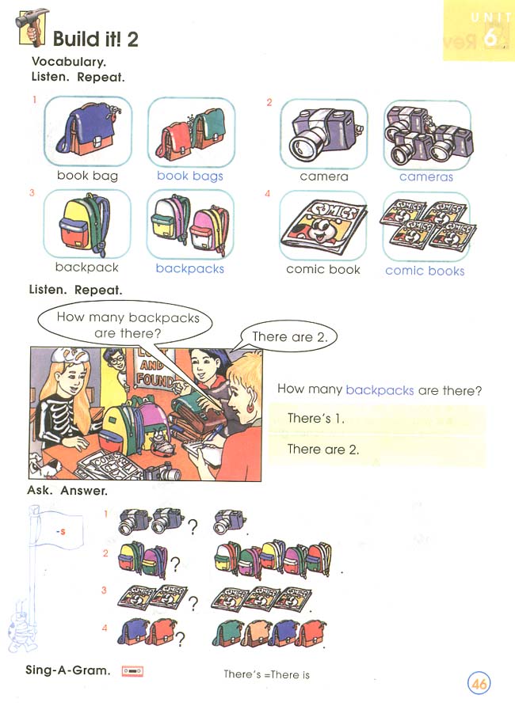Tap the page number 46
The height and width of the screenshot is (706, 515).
pos(479,683)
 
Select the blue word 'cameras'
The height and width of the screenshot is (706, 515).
pos(425,177)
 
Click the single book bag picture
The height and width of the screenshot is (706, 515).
pos(87,131)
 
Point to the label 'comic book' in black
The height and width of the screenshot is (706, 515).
pos(323,270)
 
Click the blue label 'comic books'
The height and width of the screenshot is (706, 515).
pos(425,271)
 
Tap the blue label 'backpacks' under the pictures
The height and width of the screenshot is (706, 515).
pos(190,269)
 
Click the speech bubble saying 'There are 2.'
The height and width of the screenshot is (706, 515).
pos(288,337)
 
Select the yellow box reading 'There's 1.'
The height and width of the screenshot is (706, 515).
pos(376,418)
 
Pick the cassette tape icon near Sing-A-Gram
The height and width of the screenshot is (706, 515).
pos(132,671)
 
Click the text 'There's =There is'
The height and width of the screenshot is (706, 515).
pos(266,674)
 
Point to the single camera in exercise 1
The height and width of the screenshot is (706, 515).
pos(229,521)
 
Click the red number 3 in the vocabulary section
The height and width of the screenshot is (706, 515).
pos(32,193)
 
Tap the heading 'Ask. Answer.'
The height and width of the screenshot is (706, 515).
pos(67,492)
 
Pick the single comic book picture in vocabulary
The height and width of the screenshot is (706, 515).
pos(323,226)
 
